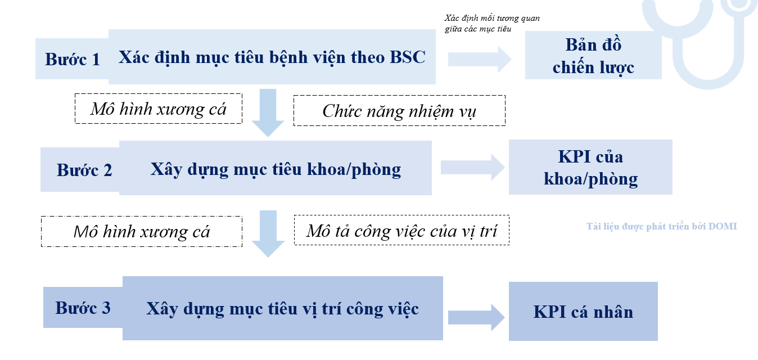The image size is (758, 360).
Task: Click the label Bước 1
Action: point(73,59)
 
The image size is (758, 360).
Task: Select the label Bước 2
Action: point(84,170)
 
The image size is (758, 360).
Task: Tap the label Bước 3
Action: point(83,308)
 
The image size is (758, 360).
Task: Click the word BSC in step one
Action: point(408,57)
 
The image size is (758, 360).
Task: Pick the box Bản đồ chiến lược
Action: point(593,56)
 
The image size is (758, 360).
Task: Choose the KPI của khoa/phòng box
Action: point(590,167)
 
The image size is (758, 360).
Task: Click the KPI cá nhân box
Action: point(583,311)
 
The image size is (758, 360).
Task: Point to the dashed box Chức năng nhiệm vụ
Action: point(399,111)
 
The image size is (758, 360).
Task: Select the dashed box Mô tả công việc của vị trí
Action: point(401,230)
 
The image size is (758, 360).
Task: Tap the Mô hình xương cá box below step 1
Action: point(159,109)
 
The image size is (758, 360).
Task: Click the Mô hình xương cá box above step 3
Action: point(142,231)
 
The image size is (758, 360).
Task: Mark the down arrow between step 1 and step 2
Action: point(268,112)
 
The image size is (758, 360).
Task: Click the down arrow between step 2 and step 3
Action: point(268,234)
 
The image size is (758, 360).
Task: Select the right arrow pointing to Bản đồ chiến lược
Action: point(480,59)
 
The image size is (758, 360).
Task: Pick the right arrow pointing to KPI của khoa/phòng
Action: point(472,168)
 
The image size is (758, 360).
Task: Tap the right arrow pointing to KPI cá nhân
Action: point(476,317)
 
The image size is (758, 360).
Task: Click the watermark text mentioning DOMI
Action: point(661,226)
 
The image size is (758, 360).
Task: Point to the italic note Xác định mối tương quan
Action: point(492,24)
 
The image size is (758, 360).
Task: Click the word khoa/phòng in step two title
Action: point(354,169)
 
